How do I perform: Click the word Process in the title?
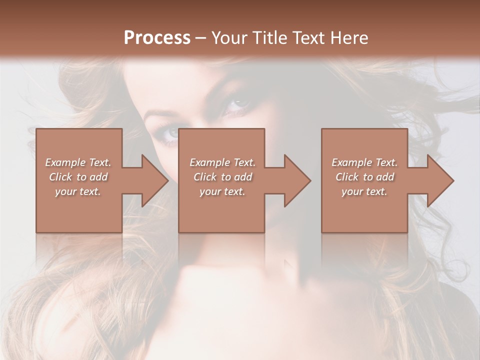point(157,38)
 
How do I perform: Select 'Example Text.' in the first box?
point(78,162)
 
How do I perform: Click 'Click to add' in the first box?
point(78,177)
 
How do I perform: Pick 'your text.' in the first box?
point(78,191)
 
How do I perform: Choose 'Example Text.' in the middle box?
point(222,162)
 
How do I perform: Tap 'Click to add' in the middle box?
point(222,177)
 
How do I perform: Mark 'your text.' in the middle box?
point(222,191)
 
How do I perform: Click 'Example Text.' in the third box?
point(364,162)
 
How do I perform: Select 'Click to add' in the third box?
point(364,177)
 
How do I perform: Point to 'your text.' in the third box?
point(364,191)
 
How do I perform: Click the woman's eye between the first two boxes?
point(171,132)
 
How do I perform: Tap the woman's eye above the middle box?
point(238,103)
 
